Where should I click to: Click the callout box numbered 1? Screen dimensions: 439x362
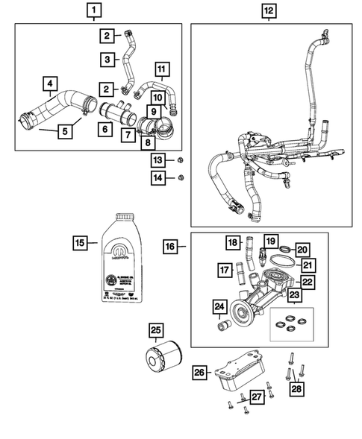(x=93, y=10)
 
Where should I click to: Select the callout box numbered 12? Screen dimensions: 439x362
(x=269, y=10)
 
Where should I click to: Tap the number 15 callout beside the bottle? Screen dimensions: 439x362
(x=80, y=242)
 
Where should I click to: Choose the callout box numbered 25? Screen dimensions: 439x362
(x=155, y=330)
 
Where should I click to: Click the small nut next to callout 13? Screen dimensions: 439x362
(x=181, y=161)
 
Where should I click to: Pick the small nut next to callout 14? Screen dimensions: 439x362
(x=181, y=177)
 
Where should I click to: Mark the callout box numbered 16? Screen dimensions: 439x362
(x=170, y=246)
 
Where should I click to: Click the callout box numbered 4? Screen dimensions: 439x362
(x=49, y=84)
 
